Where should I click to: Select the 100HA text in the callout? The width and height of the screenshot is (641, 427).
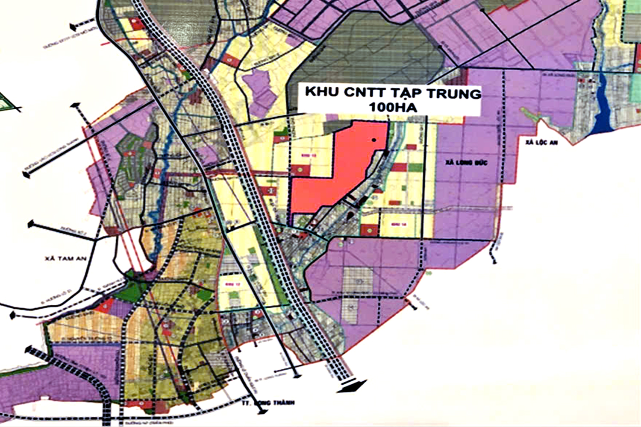(x=393, y=107)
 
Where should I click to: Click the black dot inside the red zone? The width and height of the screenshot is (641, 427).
(x=374, y=140)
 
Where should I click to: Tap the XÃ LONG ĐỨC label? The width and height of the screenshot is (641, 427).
(x=465, y=163)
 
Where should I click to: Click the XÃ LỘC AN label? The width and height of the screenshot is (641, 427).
(x=541, y=142)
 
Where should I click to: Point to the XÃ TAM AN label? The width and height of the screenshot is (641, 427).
(x=65, y=258)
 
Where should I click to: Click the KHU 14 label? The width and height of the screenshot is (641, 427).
(x=398, y=224)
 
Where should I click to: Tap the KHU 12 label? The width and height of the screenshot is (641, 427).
(x=230, y=283)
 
